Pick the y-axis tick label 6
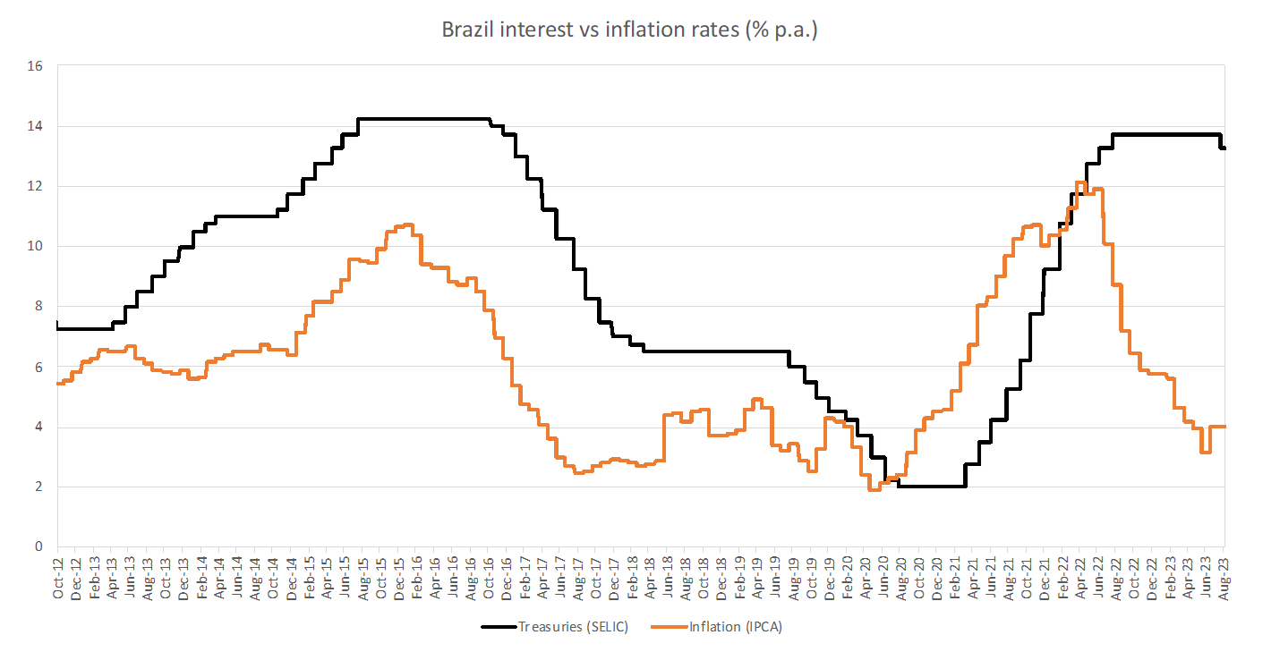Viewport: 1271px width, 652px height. [38, 367]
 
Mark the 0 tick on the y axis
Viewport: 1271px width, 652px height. [38, 546]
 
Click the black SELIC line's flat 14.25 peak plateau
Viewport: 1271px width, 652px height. [425, 118]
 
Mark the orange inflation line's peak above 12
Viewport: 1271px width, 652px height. [1080, 182]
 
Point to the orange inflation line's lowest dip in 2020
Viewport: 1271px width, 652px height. [874, 489]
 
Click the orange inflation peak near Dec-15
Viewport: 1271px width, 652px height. [406, 224]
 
